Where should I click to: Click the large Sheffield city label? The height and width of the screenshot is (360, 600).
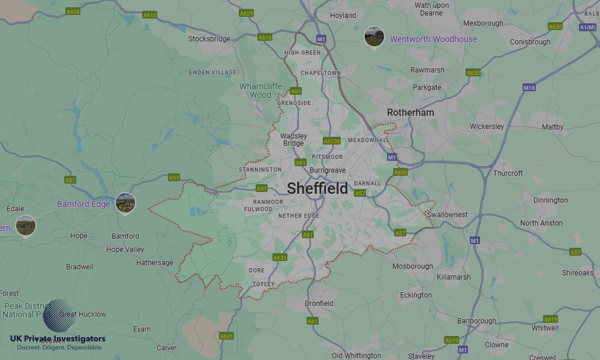coord(317,188)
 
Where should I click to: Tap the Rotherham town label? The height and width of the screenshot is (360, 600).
coord(410,112)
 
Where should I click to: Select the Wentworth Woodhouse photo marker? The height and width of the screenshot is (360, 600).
coord(374,37)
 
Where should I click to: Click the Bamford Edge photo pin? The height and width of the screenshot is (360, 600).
coord(125,203)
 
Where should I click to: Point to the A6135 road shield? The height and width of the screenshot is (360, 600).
coord(332,141)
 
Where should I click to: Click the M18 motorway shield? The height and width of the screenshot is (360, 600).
coord(529,88)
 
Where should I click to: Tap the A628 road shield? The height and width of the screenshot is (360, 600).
coord(73,11)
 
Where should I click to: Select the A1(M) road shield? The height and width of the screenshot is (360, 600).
coord(587,27)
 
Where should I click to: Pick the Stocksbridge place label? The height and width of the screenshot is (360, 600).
coord(209,39)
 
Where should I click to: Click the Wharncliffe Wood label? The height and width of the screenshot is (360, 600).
coord(260,91)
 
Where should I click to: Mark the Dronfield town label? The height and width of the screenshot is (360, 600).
coord(319,304)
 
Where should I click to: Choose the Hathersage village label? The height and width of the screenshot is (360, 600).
coord(154,263)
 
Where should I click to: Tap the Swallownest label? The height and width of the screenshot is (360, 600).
coord(447,215)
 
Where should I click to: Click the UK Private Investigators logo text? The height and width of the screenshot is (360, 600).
coord(58,339)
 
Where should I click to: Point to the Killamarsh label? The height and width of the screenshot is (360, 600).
coord(454,277)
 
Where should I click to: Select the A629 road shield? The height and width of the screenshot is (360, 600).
coord(246,13)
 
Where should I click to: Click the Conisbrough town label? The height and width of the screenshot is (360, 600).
coord(530,42)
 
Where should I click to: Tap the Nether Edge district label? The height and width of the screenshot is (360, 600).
coord(299,215)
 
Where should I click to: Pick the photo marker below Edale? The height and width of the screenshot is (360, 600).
coord(25,226)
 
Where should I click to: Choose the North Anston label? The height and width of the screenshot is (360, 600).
coord(541,223)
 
